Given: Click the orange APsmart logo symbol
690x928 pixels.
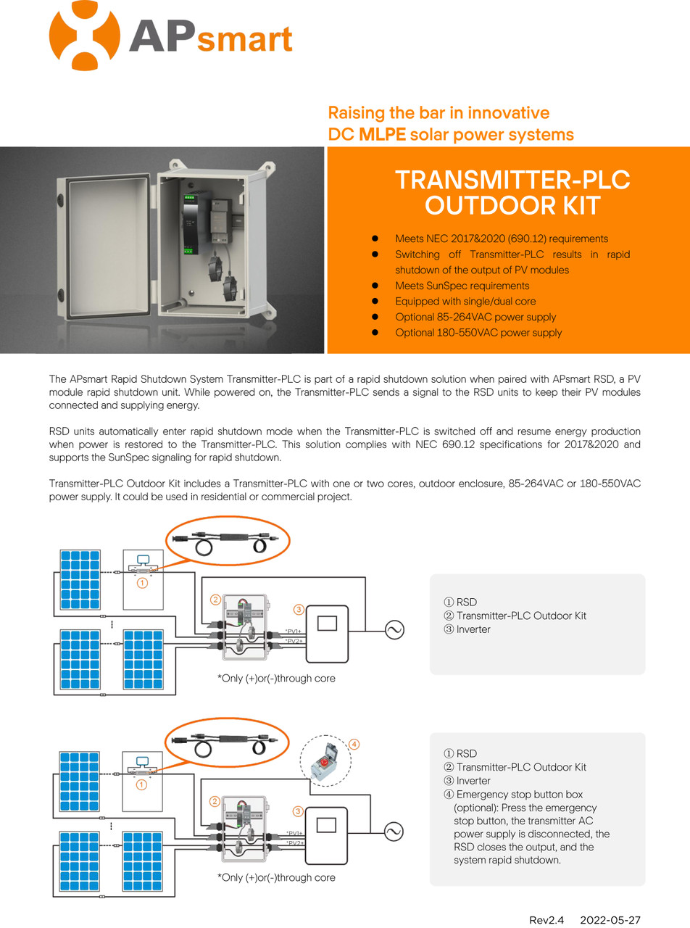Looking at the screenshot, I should [84, 36].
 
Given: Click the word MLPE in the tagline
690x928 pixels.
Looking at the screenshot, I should [382, 135].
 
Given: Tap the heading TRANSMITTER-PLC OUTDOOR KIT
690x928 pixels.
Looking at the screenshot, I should [512, 192].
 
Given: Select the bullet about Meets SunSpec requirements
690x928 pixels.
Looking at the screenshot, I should [462, 286].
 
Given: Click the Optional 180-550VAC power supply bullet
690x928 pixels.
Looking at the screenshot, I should [478, 333].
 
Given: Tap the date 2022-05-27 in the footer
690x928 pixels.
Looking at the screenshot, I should [610, 920].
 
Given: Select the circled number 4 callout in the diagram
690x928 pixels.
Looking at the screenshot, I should [354, 744].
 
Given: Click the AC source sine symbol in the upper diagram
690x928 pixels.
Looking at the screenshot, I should [394, 629].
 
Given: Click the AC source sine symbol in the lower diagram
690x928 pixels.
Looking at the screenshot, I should [394, 831].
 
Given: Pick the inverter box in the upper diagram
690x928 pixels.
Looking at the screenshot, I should [327, 634].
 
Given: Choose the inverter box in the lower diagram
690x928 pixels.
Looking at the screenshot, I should [327, 836].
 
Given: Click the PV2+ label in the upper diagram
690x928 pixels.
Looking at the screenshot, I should [294, 641].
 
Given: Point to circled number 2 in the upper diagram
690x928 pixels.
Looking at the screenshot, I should [215, 600].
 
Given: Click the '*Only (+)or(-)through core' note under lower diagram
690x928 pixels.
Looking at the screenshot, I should [276, 877].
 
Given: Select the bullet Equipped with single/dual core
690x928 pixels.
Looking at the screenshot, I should [465, 301].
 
